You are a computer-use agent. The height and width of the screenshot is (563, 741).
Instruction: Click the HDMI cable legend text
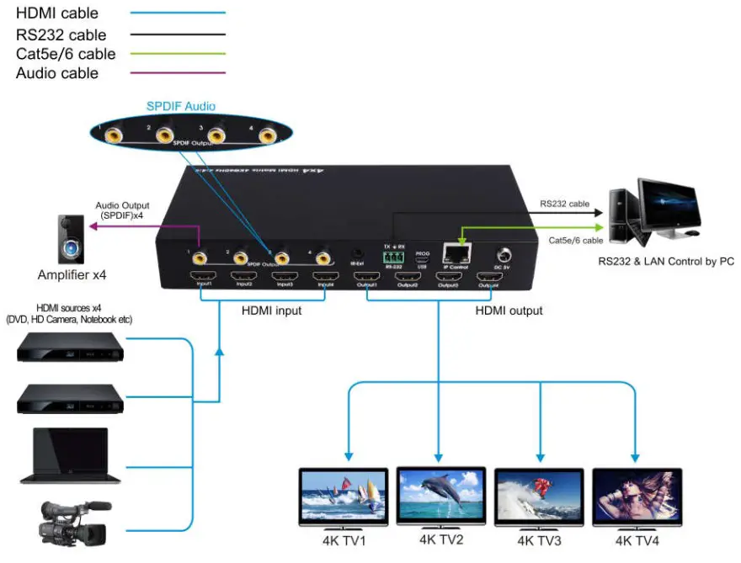click(57, 13)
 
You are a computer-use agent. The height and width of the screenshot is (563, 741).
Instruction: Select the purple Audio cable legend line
click(177, 74)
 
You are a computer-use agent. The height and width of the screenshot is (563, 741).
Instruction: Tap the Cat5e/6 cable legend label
click(66, 54)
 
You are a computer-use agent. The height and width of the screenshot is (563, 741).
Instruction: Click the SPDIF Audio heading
click(181, 106)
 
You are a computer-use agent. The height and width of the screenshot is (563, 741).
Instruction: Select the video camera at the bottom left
click(72, 522)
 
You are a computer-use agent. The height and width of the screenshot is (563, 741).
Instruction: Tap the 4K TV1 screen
click(344, 497)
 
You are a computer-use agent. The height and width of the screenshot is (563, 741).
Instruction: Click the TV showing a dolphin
click(441, 496)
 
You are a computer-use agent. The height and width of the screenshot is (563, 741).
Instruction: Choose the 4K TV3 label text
click(539, 540)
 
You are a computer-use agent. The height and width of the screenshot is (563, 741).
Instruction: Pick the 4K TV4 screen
click(637, 497)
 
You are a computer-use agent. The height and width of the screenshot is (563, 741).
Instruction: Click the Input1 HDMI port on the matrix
click(202, 279)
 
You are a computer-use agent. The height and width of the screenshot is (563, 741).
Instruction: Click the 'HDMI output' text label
click(509, 311)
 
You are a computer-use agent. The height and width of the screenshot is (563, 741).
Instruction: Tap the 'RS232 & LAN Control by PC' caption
click(666, 262)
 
